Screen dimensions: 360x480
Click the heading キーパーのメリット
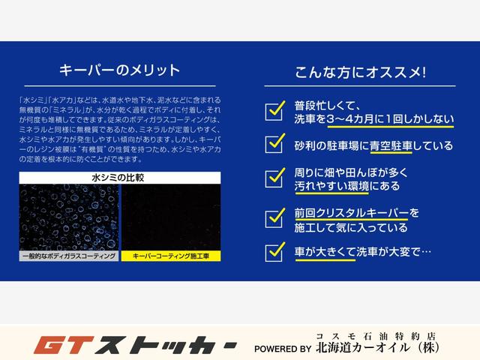[120, 71]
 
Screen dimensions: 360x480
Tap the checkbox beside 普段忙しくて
[274, 110]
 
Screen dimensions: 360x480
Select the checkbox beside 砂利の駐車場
[274, 142]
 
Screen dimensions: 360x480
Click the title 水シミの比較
[120, 178]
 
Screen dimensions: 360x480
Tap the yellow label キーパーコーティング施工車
[172, 256]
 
